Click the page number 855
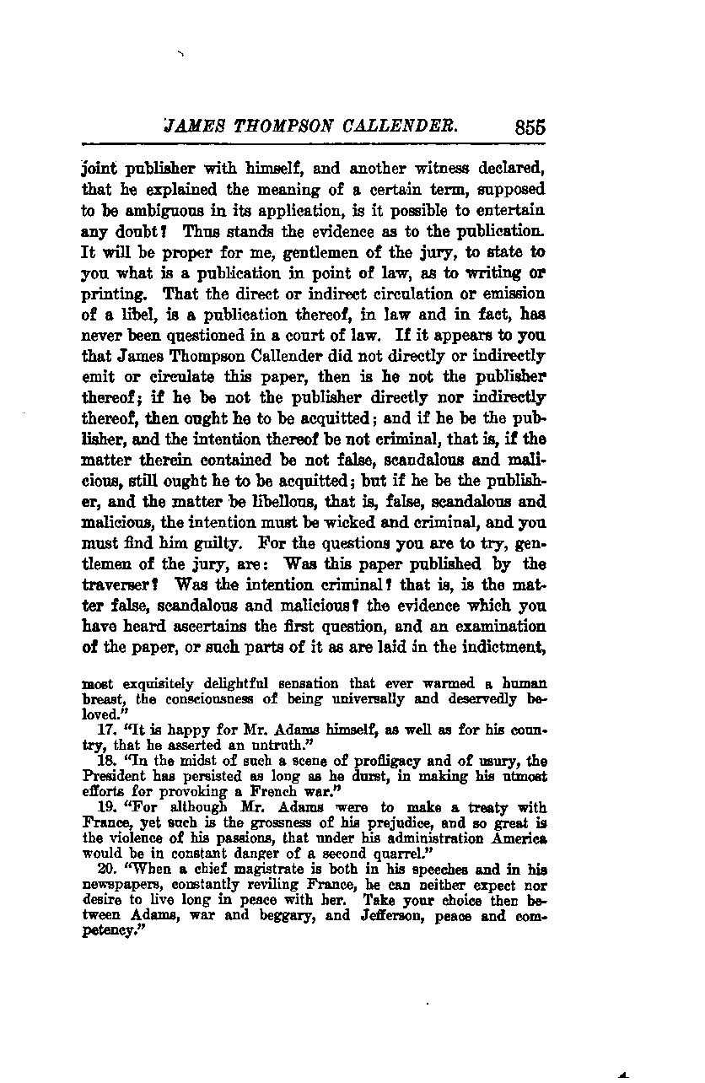point(529,127)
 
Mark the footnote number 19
point(106,808)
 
